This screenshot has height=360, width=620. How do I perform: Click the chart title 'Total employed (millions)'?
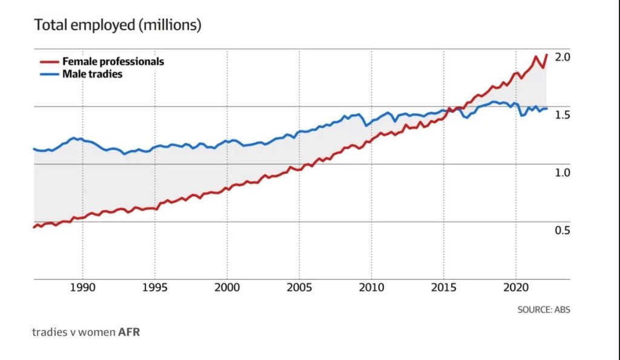point(117,25)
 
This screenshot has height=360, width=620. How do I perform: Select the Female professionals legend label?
point(113,62)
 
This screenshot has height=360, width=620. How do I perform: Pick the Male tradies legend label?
point(92,74)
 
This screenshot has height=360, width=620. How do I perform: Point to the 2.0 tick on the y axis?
point(563,57)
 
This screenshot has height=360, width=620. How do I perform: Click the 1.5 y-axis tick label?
point(563,115)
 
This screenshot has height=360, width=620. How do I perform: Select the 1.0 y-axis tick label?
point(563,172)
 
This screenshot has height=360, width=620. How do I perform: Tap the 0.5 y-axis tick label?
point(563,230)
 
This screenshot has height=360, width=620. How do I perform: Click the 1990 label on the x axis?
point(82,288)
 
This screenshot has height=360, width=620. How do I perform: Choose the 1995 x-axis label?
point(154,288)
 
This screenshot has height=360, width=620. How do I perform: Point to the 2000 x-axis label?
point(227,288)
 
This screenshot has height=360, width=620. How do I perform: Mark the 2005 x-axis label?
point(299,288)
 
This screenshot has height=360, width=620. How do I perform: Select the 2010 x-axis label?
point(371,288)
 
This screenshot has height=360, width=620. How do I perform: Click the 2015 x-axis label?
point(444,288)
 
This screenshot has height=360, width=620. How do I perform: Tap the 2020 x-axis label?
point(516,288)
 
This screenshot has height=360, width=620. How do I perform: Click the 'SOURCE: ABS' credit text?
point(544,310)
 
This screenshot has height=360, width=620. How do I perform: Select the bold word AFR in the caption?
point(129,332)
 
